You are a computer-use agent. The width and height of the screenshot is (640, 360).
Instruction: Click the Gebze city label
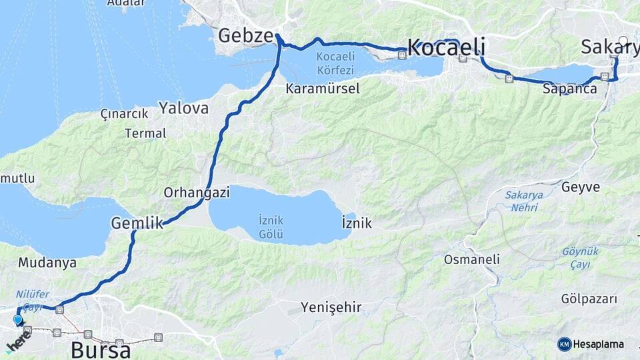point(246,35)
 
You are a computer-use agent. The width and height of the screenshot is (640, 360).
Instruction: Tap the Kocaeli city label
point(445,47)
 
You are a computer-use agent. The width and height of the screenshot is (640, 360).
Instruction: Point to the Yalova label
point(183,108)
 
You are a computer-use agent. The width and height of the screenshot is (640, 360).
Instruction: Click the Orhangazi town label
point(197,193)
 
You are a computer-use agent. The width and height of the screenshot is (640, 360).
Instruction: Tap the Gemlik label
point(137,223)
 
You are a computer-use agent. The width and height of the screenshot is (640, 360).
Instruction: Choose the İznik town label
point(356,223)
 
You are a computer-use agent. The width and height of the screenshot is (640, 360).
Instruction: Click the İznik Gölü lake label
point(271,227)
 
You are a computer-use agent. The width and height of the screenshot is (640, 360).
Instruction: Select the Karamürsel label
point(323,89)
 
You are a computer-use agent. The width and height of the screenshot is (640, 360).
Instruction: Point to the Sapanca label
point(569,89)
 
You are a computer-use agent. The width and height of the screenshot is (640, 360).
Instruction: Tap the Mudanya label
point(47,263)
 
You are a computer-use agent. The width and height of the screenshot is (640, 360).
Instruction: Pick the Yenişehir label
point(331,307)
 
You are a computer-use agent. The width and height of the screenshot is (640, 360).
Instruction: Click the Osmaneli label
point(472,259)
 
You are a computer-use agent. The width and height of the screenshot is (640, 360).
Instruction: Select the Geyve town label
point(581,187)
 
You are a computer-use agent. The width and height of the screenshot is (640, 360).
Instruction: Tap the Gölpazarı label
point(589,299)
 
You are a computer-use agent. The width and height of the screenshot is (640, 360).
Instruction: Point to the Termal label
point(145,133)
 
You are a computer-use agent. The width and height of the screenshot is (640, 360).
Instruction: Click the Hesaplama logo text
point(598,344)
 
